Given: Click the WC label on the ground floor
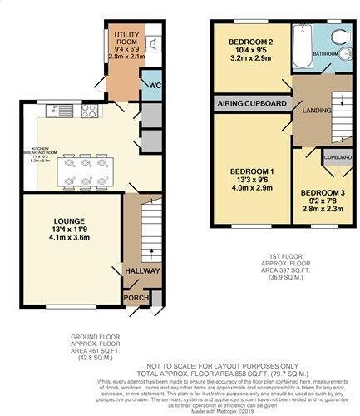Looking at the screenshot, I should [154, 85].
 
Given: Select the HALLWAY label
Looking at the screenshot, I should [136, 271].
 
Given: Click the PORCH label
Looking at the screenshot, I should [134, 297].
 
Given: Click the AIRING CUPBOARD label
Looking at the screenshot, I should [251, 103].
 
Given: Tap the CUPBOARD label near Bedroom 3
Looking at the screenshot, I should [337, 157].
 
